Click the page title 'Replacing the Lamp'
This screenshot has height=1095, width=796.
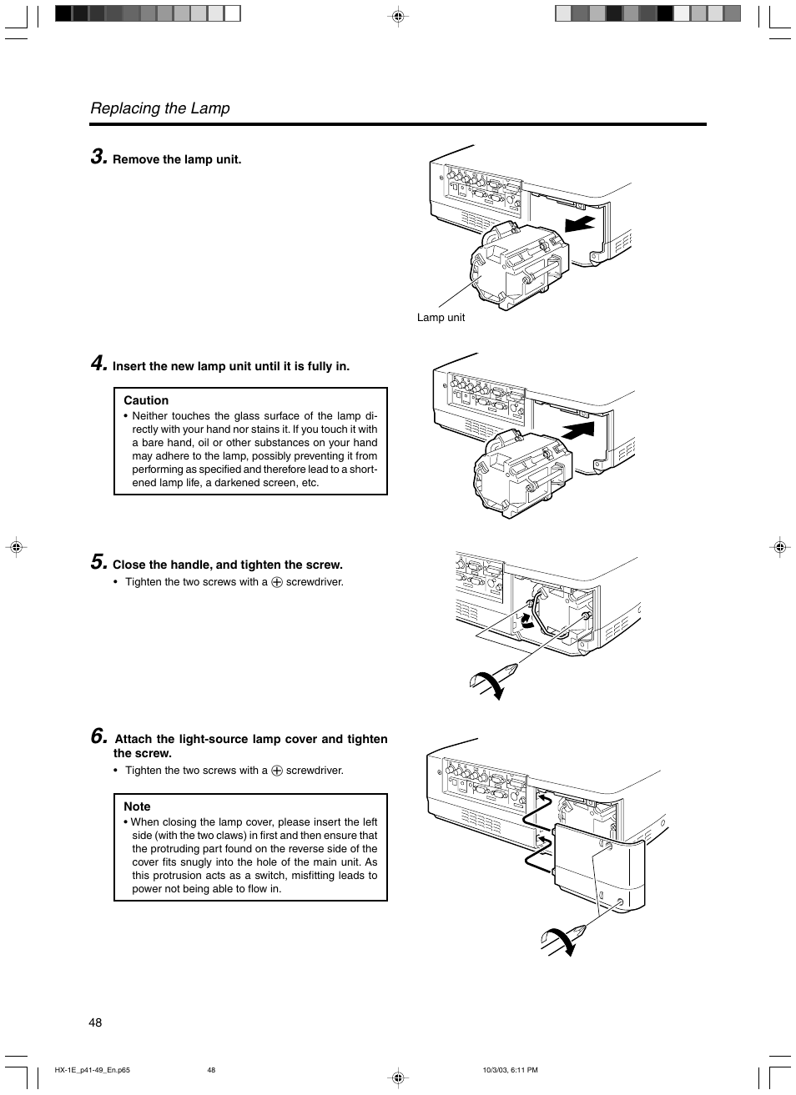coord(160,108)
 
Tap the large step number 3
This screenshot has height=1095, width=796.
coord(98,157)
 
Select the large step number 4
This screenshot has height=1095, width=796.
coord(98,364)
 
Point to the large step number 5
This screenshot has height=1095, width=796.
coord(98,562)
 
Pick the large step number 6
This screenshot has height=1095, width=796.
coord(98,736)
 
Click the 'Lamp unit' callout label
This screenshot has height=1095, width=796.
coord(441,318)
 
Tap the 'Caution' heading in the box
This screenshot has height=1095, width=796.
coord(146,400)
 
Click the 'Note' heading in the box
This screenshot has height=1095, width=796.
coord(137,806)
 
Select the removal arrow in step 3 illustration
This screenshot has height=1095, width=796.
coord(580,224)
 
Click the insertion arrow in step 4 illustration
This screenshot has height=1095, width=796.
coord(578,430)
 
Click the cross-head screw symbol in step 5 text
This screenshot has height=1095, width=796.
coord(277,583)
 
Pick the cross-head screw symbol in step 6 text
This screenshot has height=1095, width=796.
coord(277,771)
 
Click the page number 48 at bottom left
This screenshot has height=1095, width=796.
coord(95,1022)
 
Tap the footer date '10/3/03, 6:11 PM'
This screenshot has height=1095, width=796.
coord(510,1070)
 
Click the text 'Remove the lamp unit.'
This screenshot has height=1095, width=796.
coord(177,159)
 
